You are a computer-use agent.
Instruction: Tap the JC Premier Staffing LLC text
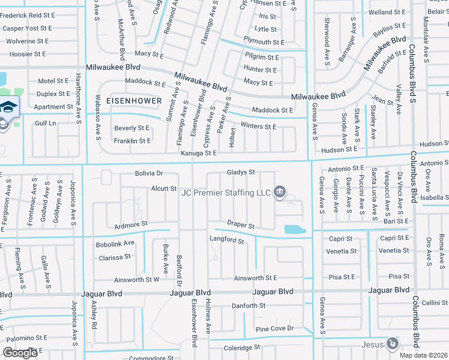[226, 193]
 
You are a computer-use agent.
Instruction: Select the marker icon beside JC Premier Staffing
[280, 192]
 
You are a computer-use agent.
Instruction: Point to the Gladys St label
[241, 172]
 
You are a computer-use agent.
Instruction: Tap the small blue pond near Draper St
[294, 229]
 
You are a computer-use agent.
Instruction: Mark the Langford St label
[226, 241]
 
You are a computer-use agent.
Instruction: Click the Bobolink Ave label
[115, 244]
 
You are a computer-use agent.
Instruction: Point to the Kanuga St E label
[198, 154]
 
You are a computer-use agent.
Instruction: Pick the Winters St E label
[258, 127]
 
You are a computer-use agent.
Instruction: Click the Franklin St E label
[132, 141]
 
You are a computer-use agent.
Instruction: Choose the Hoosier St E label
[24, 54]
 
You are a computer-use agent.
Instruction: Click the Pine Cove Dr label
[274, 329]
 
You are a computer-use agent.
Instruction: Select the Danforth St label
[249, 306]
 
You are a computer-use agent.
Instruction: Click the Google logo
[21, 353]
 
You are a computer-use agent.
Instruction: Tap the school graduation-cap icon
[9, 107]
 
